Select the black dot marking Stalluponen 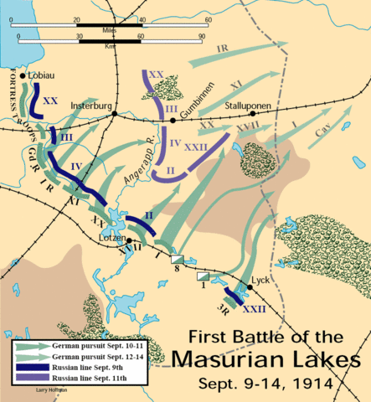point(237,118)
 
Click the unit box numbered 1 point(203,276)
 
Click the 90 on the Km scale point(202,37)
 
